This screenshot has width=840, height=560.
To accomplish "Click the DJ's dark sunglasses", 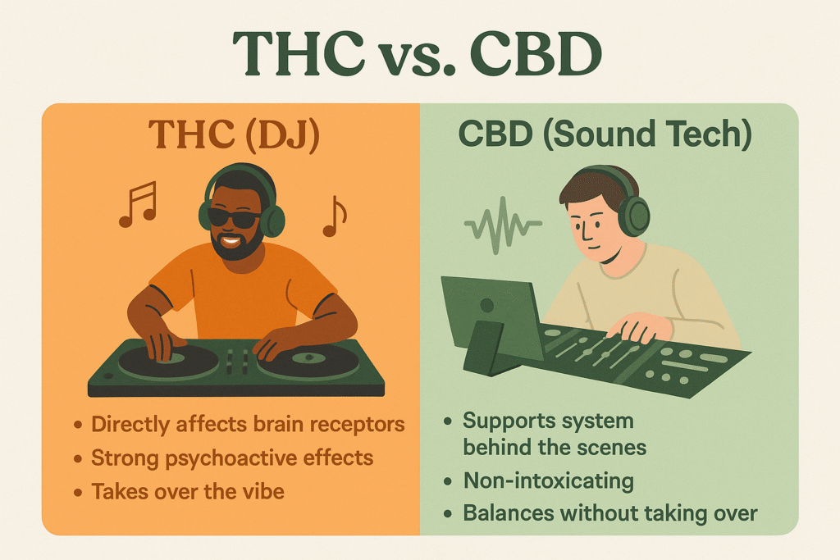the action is [x=233, y=216].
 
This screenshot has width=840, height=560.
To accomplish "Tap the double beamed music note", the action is [x=138, y=204].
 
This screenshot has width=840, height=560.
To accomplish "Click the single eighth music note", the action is [x=335, y=216].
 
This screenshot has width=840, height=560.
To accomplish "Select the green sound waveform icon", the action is [x=502, y=225].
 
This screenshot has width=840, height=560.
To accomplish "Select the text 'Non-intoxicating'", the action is [x=549, y=480].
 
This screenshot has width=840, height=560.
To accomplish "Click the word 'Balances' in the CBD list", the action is [x=501, y=512].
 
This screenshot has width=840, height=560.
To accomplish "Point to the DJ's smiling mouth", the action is [x=231, y=240].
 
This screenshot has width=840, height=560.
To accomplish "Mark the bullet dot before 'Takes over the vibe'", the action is [x=78, y=492].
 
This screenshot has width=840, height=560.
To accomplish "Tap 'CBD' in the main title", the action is [x=536, y=54].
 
